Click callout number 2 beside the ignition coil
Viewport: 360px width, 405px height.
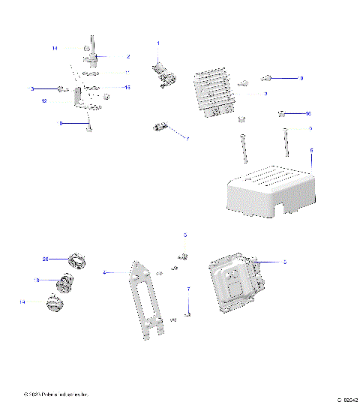[x=128, y=56]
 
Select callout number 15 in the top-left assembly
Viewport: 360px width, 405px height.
[x=127, y=87]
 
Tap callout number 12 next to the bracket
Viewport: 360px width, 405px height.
[x=44, y=100]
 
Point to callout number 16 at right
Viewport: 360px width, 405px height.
[x=307, y=113]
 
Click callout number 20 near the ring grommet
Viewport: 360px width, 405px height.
[x=45, y=259]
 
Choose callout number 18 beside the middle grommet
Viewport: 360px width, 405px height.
[x=35, y=280]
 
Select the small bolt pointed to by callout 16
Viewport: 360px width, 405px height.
[x=283, y=114]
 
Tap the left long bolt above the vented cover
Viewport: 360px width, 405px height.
[x=244, y=148]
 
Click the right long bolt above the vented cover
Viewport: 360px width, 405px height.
[x=286, y=142]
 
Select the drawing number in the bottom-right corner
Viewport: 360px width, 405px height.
[x=346, y=399]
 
